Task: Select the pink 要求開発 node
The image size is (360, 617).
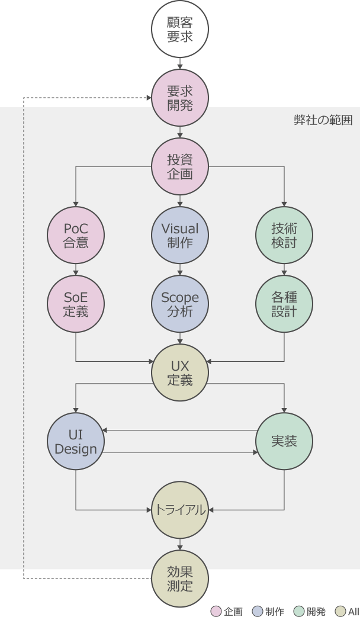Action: point(180,97)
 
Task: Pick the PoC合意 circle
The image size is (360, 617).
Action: point(76,235)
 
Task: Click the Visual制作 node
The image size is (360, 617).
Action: point(180,235)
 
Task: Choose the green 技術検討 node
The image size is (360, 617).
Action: point(284,235)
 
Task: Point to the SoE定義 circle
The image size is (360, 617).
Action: point(76,304)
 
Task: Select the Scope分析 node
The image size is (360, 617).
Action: point(180,304)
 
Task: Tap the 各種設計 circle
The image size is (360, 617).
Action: point(284,304)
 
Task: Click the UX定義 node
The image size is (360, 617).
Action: point(180,373)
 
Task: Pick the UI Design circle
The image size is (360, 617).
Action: point(76,442)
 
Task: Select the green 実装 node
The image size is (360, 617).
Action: point(284,442)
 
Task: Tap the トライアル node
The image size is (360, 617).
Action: point(180,509)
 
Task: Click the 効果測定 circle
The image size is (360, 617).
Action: point(180,579)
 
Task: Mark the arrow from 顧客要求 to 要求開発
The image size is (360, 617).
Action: point(180,63)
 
